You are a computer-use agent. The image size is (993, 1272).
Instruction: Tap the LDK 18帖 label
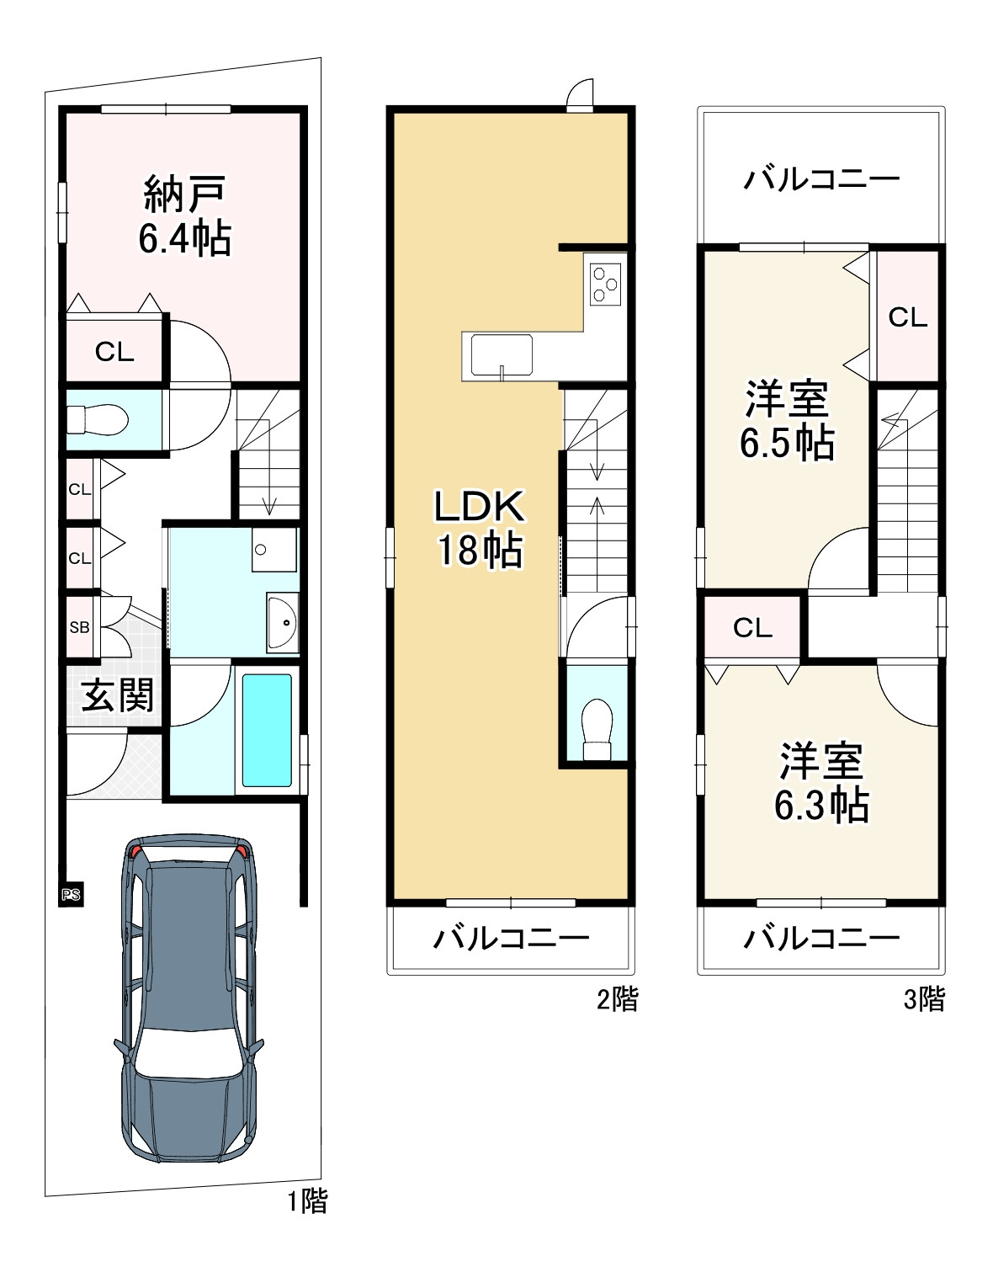479,528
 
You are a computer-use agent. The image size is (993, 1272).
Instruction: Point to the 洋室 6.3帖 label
821,783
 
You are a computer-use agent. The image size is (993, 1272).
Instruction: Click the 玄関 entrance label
118,695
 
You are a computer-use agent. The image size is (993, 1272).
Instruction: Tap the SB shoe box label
80,627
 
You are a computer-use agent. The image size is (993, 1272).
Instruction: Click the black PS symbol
71,894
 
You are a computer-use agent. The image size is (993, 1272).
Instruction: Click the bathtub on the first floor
267,730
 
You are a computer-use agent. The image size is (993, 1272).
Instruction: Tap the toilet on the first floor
97,419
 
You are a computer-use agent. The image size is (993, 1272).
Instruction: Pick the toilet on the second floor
597,729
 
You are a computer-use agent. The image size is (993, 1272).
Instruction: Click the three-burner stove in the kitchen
605,284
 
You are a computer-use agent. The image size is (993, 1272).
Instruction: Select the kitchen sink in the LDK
501,354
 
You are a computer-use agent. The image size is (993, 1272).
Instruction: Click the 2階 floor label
618,998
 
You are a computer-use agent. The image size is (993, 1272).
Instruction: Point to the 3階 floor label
925,998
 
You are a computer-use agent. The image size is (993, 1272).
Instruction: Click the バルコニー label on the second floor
511,938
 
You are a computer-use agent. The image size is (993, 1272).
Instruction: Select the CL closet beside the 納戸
114,352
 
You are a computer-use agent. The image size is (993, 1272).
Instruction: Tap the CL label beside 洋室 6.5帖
907,317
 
